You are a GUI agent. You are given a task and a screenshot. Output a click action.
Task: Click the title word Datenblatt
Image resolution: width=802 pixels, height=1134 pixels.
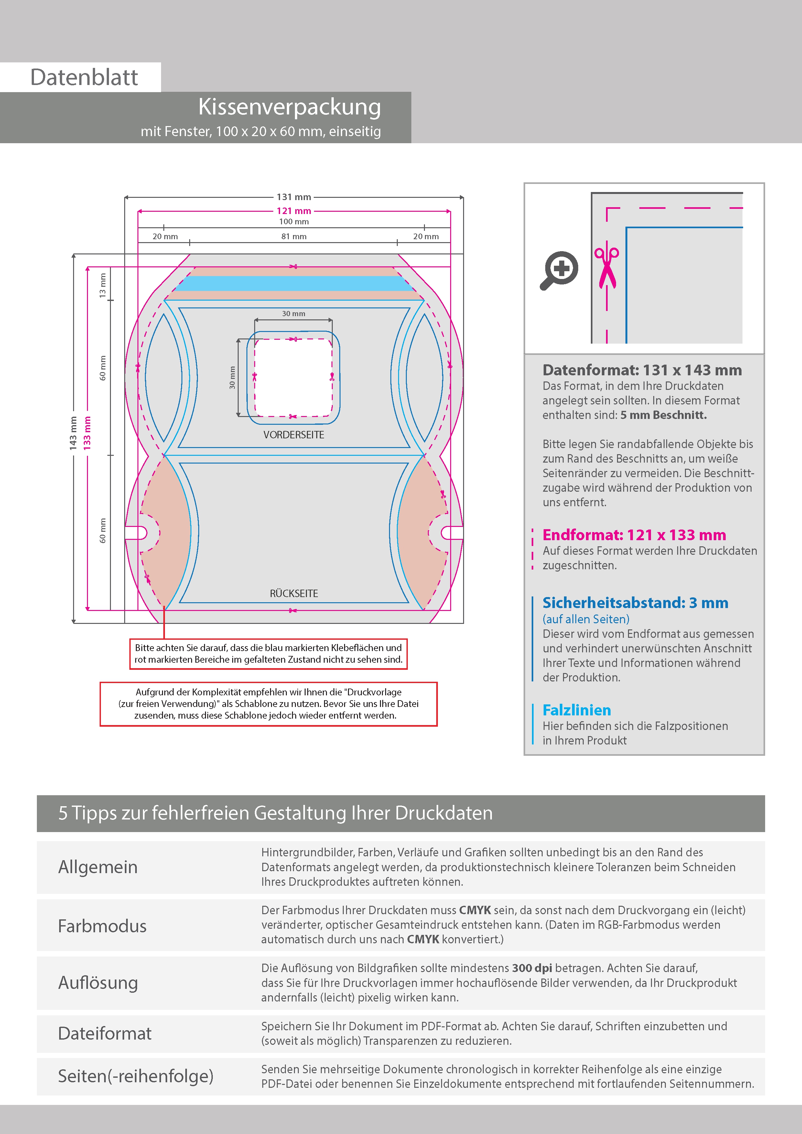coord(84,78)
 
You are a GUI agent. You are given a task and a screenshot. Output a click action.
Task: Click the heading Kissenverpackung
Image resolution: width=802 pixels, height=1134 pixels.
coord(289,107)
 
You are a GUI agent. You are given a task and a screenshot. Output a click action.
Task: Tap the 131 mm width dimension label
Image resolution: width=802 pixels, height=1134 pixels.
coord(294,197)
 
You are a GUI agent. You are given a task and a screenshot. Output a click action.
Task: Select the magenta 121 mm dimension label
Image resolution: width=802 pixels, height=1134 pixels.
coord(294,211)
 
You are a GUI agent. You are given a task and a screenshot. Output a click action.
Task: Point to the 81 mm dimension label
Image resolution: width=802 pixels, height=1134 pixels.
coord(294,237)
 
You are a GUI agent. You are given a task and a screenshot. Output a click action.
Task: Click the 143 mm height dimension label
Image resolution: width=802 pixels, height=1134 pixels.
coord(73,433)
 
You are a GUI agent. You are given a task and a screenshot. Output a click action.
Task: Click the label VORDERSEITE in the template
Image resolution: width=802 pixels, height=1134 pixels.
coord(294,435)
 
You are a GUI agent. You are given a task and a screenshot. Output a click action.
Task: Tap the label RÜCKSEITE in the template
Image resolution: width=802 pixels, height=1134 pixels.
coord(294,593)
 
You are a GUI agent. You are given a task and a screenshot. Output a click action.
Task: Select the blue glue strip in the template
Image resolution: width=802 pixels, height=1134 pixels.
coord(294,283)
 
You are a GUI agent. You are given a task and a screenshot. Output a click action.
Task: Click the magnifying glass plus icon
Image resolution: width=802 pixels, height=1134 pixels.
coord(559,270)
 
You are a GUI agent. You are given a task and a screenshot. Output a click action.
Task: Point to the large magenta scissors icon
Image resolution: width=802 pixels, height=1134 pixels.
coord(607,267)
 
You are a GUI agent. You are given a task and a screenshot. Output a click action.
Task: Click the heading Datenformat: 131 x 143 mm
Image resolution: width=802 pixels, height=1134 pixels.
coord(642,370)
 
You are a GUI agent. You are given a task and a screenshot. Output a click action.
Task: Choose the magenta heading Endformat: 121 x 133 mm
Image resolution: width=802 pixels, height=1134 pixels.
coord(634,535)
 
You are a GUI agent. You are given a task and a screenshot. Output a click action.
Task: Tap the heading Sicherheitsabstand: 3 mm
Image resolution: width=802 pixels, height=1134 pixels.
coord(635,603)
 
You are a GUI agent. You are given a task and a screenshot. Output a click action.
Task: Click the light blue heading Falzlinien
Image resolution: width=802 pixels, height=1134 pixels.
coord(577,710)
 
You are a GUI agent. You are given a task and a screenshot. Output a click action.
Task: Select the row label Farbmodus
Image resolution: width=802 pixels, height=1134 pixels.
coord(102,926)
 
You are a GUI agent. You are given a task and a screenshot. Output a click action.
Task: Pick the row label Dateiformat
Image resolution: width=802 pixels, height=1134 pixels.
coord(105,1033)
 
